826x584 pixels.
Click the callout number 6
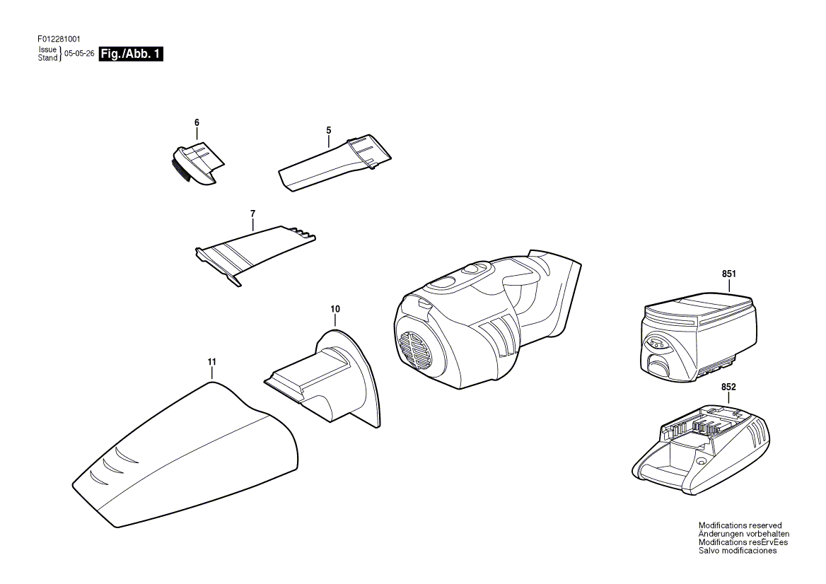[197, 122]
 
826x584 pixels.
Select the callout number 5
[329, 129]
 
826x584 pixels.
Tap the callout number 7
[252, 213]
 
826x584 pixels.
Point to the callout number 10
[335, 309]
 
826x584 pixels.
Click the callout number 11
[211, 362]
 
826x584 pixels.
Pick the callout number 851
[729, 274]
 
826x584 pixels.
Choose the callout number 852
[728, 387]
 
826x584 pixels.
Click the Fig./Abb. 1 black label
[132, 54]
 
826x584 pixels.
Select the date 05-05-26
[79, 54]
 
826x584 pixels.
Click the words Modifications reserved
[740, 525]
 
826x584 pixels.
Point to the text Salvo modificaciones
[738, 551]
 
